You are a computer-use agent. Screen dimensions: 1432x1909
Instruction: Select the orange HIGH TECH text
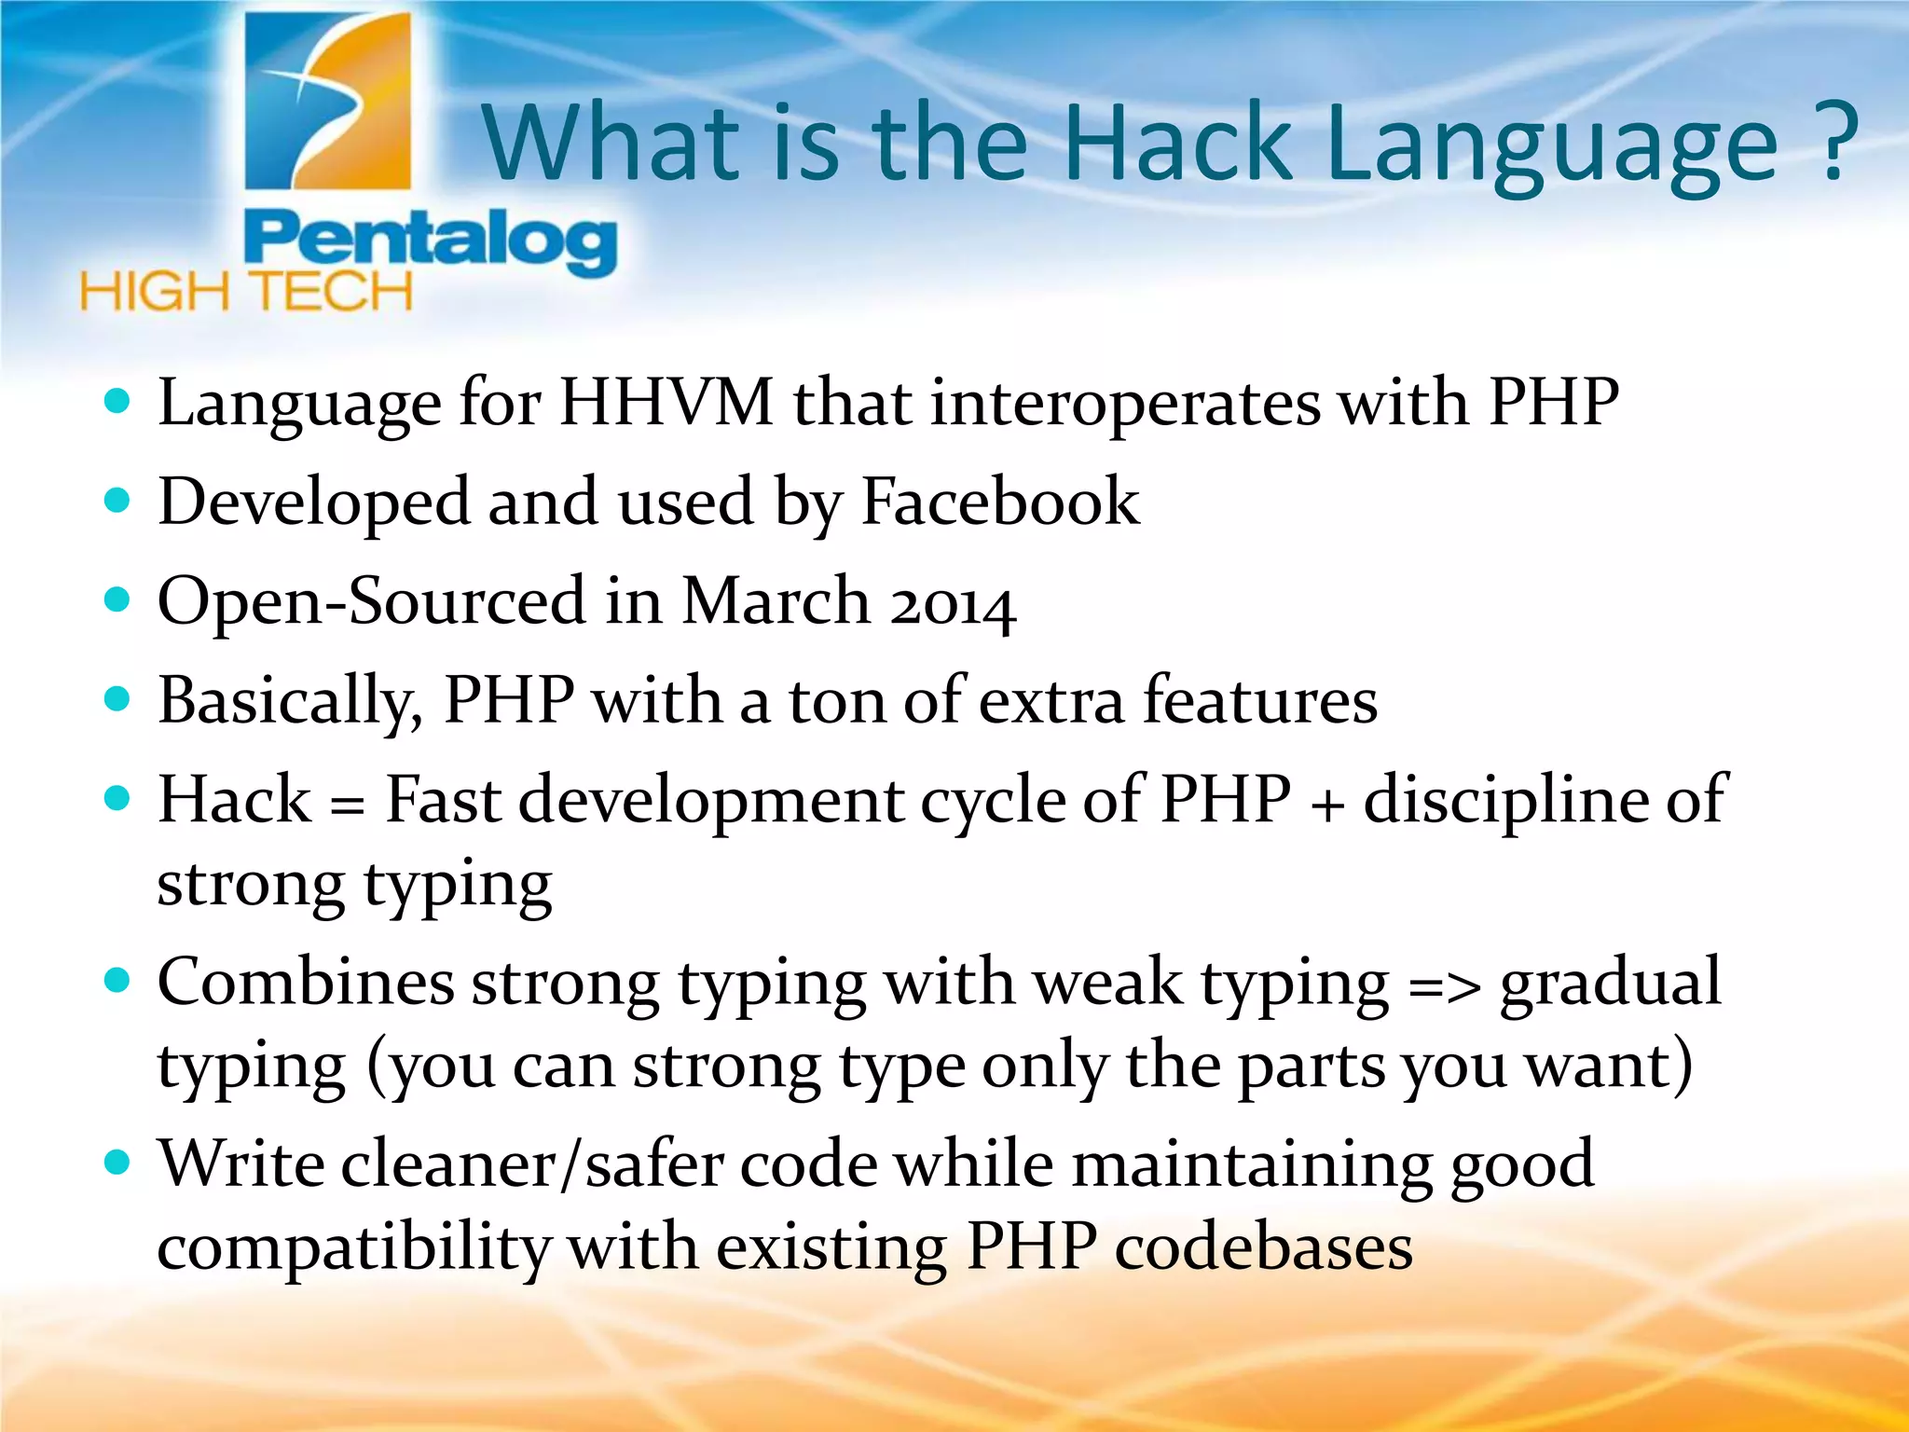[x=246, y=292]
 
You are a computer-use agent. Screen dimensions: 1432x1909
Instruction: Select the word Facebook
[x=999, y=502]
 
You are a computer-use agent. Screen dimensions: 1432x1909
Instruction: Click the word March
[x=776, y=601]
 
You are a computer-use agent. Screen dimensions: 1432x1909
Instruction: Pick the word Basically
[x=290, y=701]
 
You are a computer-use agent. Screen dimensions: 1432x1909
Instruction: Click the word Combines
[x=305, y=983]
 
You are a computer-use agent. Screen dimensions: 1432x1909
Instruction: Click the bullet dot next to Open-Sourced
[x=117, y=599]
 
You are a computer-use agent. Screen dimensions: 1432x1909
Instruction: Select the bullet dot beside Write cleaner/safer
[x=117, y=1163]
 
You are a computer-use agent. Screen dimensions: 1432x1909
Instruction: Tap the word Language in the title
[x=1552, y=145]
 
